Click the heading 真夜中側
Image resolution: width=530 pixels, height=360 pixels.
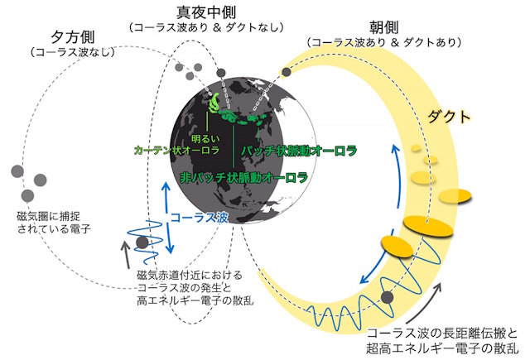(x=206, y=12)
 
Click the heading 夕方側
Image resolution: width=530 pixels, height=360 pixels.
(x=73, y=37)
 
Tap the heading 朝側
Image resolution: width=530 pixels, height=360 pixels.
(x=383, y=27)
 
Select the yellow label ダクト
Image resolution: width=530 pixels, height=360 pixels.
(x=449, y=117)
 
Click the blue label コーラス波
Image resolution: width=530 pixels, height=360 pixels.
(x=199, y=218)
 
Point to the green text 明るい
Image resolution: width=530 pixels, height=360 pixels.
(x=205, y=138)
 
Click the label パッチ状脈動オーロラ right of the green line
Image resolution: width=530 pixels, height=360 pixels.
(x=299, y=151)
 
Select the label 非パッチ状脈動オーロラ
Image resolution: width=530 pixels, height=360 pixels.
(x=244, y=177)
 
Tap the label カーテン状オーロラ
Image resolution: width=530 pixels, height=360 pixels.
(x=177, y=151)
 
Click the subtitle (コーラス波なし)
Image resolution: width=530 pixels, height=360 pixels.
(x=73, y=52)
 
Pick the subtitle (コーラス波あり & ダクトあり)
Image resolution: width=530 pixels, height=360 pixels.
(x=384, y=42)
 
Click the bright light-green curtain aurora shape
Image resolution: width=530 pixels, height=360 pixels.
(x=214, y=103)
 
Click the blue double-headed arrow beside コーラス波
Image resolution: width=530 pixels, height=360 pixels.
(x=167, y=218)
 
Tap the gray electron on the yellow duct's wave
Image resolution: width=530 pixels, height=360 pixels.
(x=388, y=297)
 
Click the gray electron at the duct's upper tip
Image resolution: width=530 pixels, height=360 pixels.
(x=287, y=72)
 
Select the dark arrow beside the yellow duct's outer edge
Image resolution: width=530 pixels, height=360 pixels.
(x=424, y=303)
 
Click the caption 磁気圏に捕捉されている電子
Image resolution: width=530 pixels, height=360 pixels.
(x=54, y=223)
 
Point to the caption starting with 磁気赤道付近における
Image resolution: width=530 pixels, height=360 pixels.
(x=195, y=288)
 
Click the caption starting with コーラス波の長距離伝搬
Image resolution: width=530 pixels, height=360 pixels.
(x=442, y=341)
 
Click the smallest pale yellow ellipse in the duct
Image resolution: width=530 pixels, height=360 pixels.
(x=416, y=148)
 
